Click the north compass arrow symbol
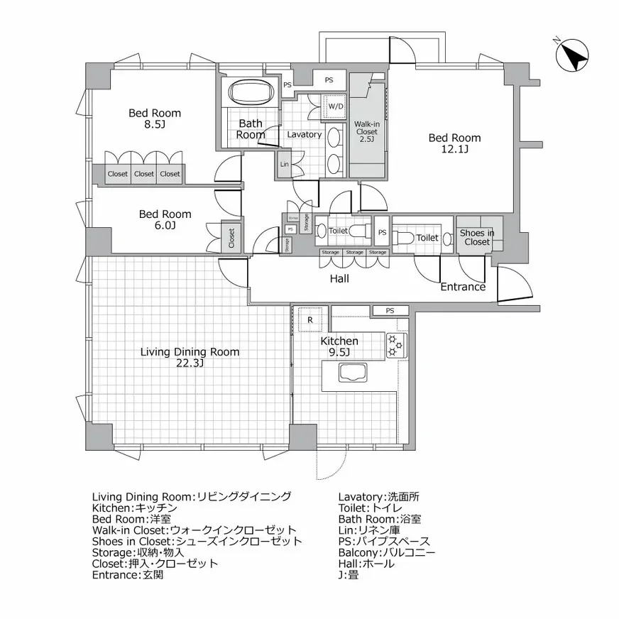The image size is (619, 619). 574,55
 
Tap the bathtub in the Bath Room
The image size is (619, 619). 251,92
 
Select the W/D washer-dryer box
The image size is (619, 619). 334,107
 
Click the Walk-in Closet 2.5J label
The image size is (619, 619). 366,131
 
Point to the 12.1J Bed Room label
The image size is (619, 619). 454,143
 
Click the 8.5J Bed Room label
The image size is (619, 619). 154,119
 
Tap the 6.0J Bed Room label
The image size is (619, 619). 165,219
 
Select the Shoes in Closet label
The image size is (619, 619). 477,237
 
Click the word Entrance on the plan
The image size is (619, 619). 463,287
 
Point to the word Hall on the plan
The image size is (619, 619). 339,279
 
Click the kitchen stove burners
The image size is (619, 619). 395,345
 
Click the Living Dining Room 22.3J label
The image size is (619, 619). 190,357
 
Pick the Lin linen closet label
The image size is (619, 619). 285,164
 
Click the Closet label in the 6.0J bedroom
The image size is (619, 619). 231,238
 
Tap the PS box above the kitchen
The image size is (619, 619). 390,310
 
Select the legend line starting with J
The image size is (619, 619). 349,576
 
